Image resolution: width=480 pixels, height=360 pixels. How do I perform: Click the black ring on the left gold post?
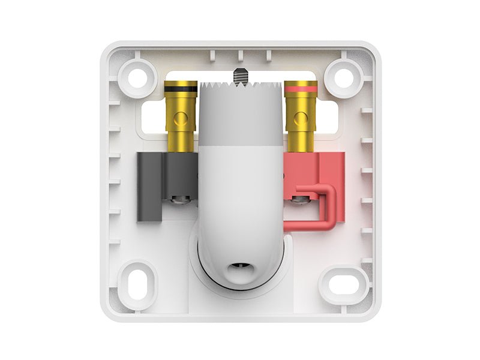click(x=180, y=88)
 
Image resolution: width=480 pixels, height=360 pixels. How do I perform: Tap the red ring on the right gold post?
click(x=301, y=88)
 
